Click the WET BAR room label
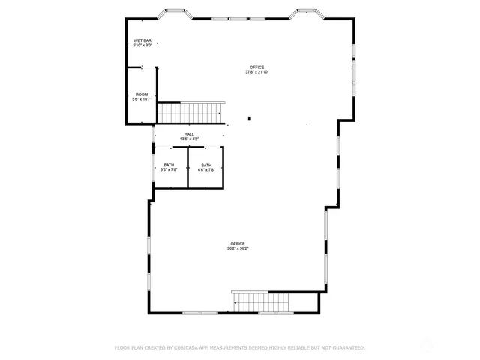(142, 40)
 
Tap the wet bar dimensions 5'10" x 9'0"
(142, 46)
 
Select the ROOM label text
(142, 94)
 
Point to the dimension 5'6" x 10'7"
(142, 99)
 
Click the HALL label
(189, 134)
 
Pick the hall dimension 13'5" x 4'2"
(189, 139)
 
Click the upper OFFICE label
(257, 67)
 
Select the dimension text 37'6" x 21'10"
(257, 73)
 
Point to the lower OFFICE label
(238, 244)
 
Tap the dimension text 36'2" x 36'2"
(238, 249)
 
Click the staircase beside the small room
(190, 112)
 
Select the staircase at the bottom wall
(260, 301)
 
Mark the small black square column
(250, 118)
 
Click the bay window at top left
(178, 13)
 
